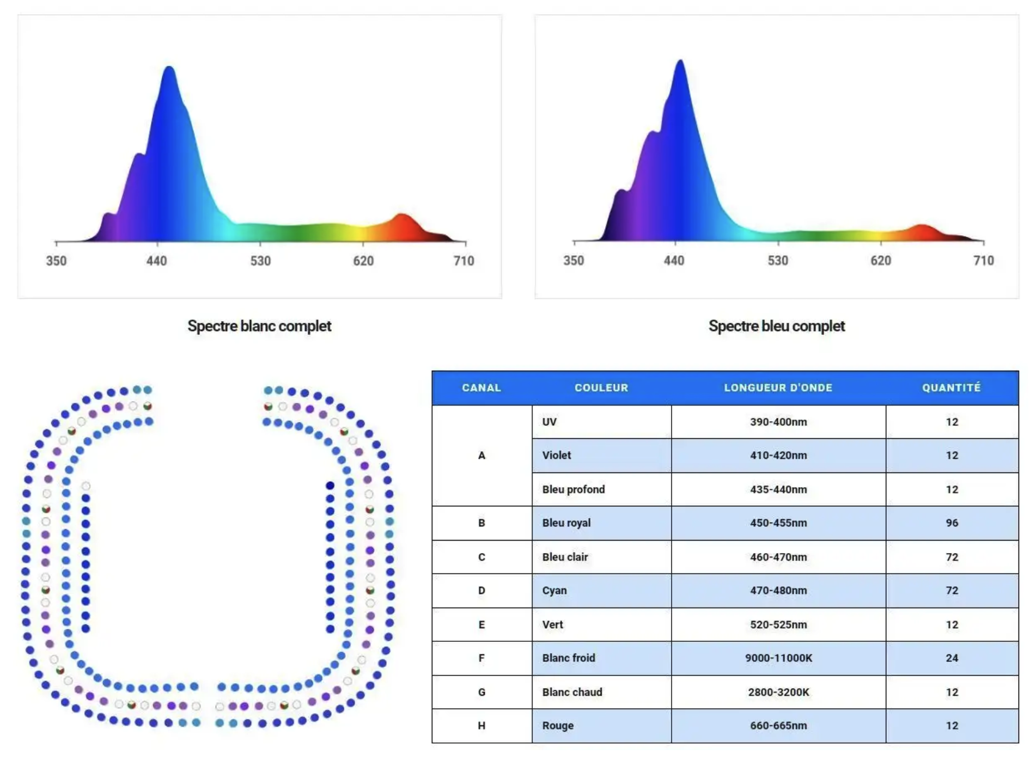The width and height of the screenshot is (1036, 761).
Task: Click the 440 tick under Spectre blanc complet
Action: (x=156, y=261)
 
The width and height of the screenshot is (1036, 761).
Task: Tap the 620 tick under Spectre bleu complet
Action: (x=880, y=261)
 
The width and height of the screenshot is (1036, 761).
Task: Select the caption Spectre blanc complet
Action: (x=259, y=326)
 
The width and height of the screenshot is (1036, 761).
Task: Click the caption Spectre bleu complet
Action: (x=776, y=326)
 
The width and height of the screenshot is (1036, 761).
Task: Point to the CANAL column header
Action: (x=481, y=388)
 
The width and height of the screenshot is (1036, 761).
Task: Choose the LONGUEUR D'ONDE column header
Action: (x=778, y=388)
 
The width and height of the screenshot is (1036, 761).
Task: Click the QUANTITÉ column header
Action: (x=951, y=388)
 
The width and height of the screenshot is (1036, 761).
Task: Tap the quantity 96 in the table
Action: (x=952, y=523)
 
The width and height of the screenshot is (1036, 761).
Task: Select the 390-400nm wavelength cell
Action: (x=778, y=422)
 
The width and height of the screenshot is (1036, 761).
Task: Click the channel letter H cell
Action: (x=482, y=726)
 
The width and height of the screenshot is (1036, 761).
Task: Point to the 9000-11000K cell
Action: (x=778, y=658)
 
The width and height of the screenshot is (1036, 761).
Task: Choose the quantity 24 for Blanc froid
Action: (x=952, y=658)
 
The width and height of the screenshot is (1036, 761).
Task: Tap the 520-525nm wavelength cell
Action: (x=778, y=624)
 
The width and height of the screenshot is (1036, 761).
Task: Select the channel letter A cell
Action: (x=482, y=455)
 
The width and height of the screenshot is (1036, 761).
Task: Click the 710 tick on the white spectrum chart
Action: (x=464, y=261)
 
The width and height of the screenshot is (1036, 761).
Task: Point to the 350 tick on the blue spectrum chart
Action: (x=574, y=261)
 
